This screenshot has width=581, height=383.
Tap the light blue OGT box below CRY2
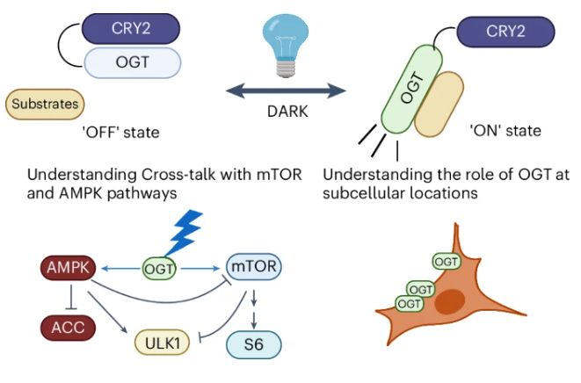133,62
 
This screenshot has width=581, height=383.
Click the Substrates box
45,104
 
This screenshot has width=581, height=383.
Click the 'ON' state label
511,132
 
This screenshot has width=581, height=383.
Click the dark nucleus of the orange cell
451,302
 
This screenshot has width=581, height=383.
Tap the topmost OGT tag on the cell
448,261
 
